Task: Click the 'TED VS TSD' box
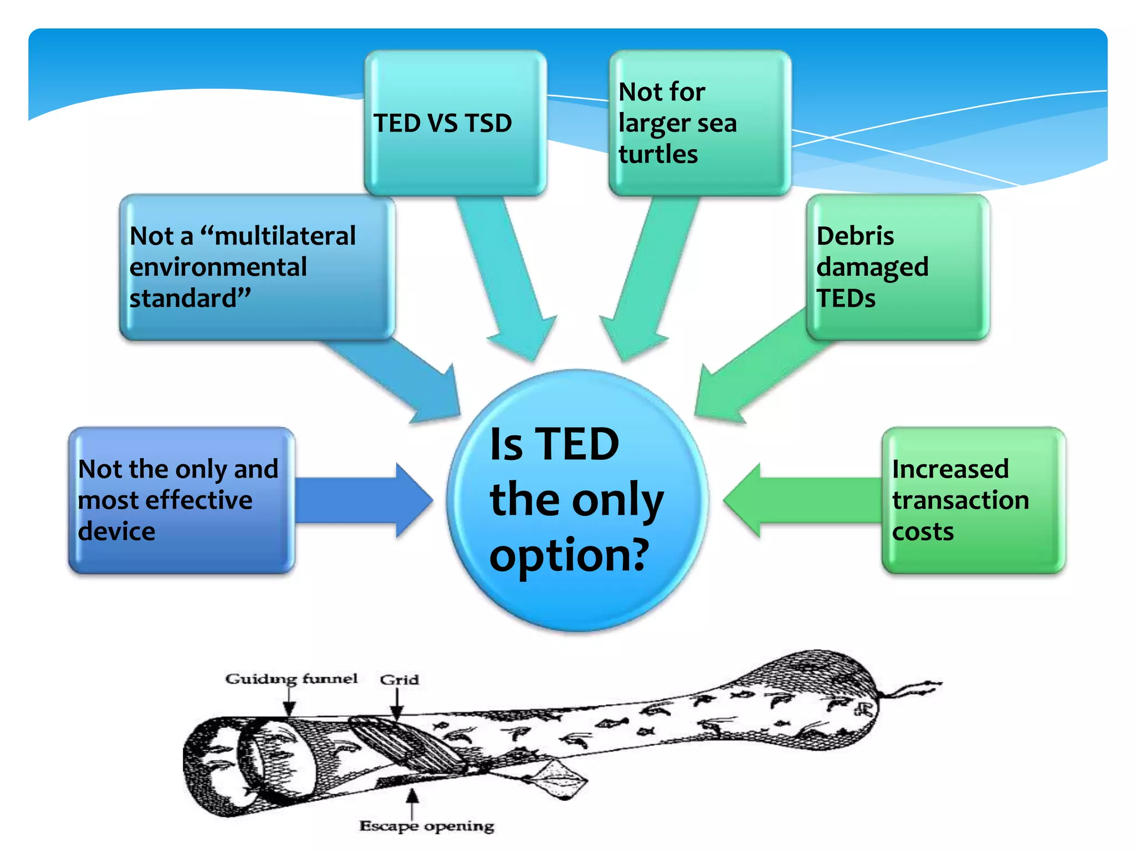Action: click(455, 123)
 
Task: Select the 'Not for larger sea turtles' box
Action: click(699, 123)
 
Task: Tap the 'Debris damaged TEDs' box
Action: click(898, 267)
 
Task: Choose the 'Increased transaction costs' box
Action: click(973, 500)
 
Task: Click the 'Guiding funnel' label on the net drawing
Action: click(291, 679)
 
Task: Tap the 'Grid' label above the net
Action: click(399, 679)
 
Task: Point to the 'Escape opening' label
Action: click(426, 826)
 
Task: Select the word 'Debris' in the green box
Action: click(855, 236)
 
